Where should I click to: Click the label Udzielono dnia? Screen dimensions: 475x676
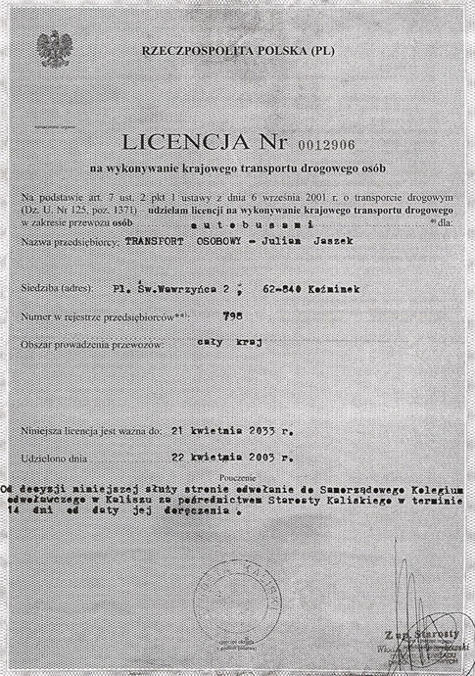click(x=55, y=457)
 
